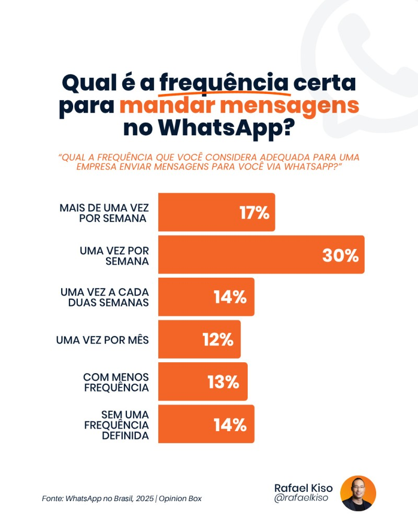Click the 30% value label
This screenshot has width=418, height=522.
(340, 255)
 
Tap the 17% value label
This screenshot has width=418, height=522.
(254, 212)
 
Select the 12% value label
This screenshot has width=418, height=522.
(218, 340)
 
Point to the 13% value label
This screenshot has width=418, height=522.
(223, 382)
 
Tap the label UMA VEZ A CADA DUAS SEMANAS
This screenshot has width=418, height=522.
(104, 297)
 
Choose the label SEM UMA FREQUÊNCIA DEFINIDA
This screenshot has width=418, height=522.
(116, 424)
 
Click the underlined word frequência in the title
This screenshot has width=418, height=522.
(224, 83)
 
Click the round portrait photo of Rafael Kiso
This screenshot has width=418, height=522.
(358, 493)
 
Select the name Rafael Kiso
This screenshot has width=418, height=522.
(303, 488)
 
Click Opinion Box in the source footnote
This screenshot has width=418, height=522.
(180, 499)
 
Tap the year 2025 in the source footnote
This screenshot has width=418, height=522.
(144, 499)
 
